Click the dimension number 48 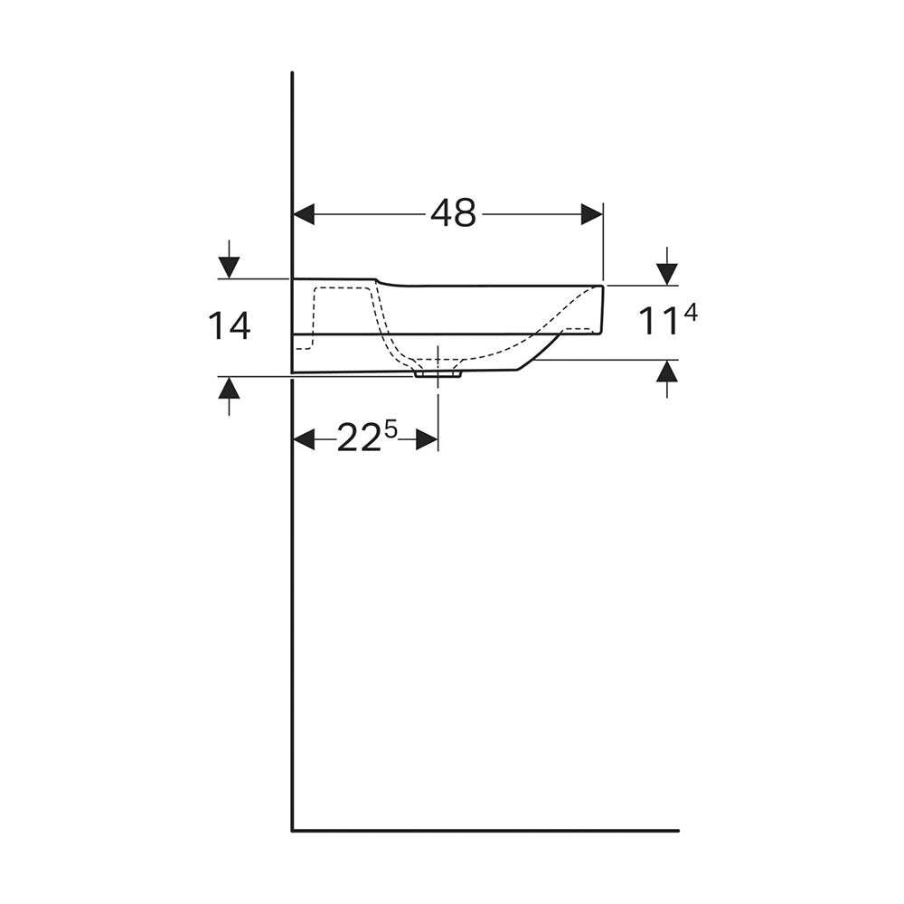453,213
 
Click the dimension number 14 230,325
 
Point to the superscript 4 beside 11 692,312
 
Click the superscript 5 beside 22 391,430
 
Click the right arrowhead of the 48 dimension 591,214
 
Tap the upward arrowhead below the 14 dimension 230,389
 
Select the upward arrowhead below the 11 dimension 667,372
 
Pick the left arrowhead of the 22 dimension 304,440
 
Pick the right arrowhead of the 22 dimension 428,440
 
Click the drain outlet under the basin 438,371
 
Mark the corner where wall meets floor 293,829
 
